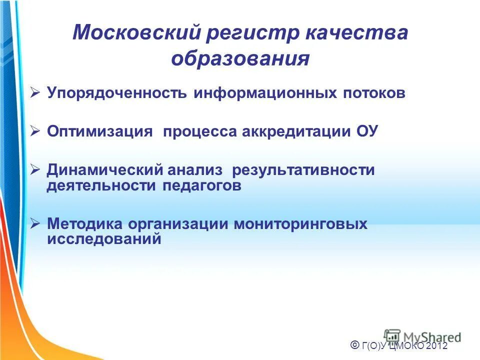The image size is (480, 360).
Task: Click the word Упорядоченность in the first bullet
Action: pos(117,93)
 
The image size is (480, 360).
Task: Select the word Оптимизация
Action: pos(99,131)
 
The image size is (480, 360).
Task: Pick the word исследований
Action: pos(104,239)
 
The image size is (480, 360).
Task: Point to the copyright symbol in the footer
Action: pos(354,344)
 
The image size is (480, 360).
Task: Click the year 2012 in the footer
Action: pos(437,345)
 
